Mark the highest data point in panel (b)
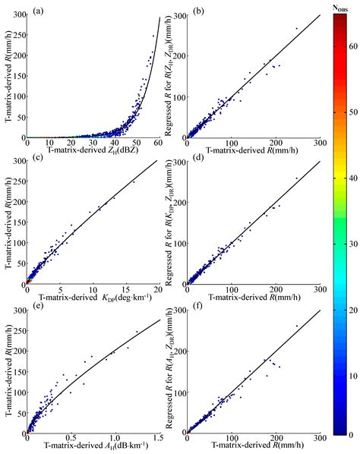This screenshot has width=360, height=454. (297, 28)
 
